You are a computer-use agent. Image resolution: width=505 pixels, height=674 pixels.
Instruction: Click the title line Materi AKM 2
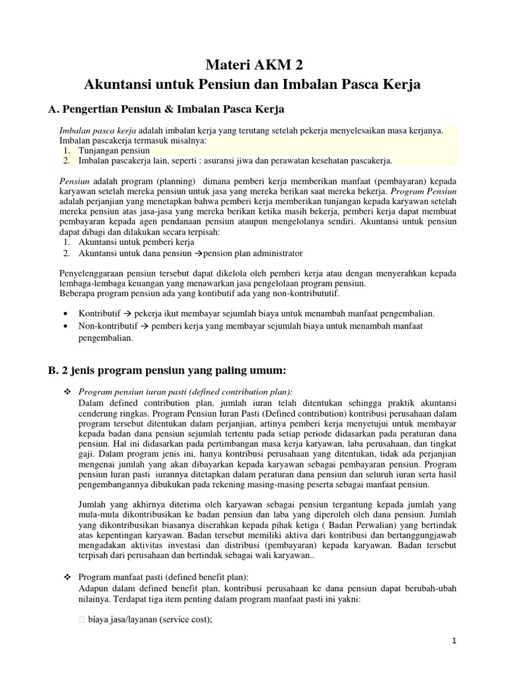click(x=252, y=65)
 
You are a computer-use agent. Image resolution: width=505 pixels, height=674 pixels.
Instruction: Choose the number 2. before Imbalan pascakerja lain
click(x=67, y=161)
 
